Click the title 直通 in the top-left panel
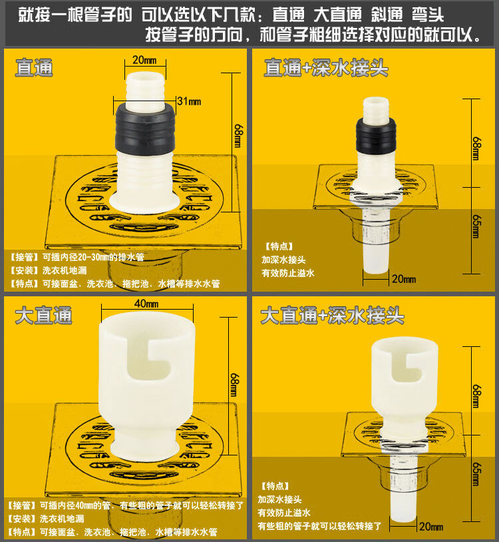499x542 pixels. point(34,67)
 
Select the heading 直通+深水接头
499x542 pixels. point(326,67)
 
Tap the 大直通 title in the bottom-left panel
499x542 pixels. point(43,316)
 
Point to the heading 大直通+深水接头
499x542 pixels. point(332,316)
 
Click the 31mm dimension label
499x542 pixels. point(188,101)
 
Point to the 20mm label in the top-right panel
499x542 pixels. point(403,278)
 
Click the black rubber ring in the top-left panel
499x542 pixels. point(144,127)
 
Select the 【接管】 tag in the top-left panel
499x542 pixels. point(25,256)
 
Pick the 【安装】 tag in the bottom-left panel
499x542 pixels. point(25,519)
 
